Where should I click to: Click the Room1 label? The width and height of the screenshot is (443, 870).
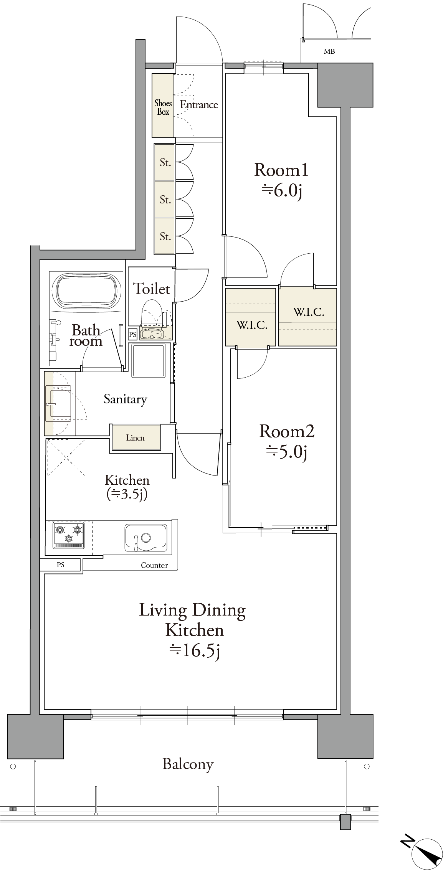pos(281,170)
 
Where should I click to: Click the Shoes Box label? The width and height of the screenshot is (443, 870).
pos(163,107)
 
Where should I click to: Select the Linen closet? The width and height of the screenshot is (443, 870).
pos(136,437)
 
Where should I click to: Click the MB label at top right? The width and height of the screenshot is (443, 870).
pos(329,51)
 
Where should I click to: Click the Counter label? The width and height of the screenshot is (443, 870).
pos(154,565)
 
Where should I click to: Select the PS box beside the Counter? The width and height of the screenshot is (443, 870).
pos(61,565)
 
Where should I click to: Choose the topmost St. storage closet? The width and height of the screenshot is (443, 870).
pos(165,162)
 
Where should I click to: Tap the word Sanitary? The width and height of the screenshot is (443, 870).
pos(125,400)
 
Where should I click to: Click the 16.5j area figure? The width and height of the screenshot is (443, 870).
pos(194,651)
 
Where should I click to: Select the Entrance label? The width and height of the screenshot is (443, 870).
pos(199,105)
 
